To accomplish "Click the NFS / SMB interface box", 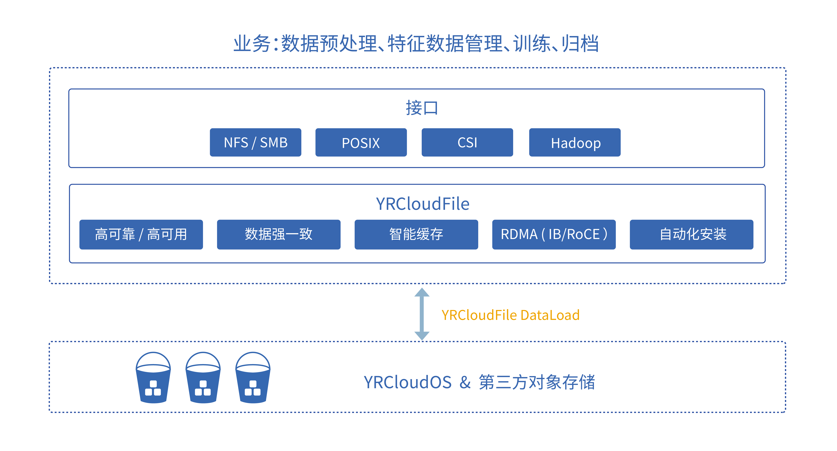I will pyautogui.click(x=255, y=142).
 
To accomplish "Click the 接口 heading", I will pyautogui.click(x=422, y=108).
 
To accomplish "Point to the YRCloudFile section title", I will pyautogui.click(x=422, y=204).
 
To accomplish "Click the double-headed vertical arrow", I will pyautogui.click(x=422, y=314).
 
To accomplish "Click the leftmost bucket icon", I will pyautogui.click(x=153, y=378).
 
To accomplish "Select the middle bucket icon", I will pyautogui.click(x=203, y=378).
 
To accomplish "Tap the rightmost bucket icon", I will pyautogui.click(x=253, y=378).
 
